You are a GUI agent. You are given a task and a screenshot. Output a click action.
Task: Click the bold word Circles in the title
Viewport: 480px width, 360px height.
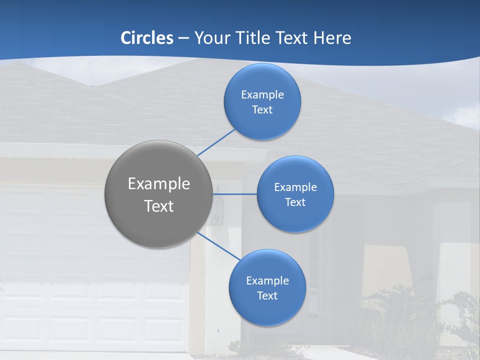click(147, 38)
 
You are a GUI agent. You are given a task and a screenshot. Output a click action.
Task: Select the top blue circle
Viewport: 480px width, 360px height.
click(262, 122)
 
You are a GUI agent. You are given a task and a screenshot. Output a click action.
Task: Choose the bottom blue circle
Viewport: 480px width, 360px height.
click(267, 310)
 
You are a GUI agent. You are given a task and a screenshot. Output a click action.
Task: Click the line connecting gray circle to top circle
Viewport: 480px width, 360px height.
click(216, 142)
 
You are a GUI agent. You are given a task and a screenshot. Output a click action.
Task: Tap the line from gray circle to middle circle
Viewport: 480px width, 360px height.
click(235, 193)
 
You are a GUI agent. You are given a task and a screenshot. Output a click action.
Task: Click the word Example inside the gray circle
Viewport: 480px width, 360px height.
click(159, 184)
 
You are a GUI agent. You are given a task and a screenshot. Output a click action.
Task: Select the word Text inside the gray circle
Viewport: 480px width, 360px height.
click(159, 206)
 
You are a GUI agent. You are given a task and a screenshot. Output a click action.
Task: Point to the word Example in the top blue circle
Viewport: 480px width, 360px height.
click(262, 94)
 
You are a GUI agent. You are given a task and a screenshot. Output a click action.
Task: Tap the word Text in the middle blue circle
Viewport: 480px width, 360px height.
click(295, 202)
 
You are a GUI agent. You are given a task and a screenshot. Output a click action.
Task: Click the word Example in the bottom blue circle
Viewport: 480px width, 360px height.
click(267, 280)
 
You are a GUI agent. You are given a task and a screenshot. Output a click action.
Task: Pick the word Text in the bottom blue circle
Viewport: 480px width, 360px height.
click(267, 295)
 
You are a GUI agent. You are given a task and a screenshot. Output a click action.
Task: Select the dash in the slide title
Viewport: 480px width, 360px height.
click(183, 38)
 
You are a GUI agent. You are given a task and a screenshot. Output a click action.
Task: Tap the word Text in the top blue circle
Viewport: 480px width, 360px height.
click(262, 109)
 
